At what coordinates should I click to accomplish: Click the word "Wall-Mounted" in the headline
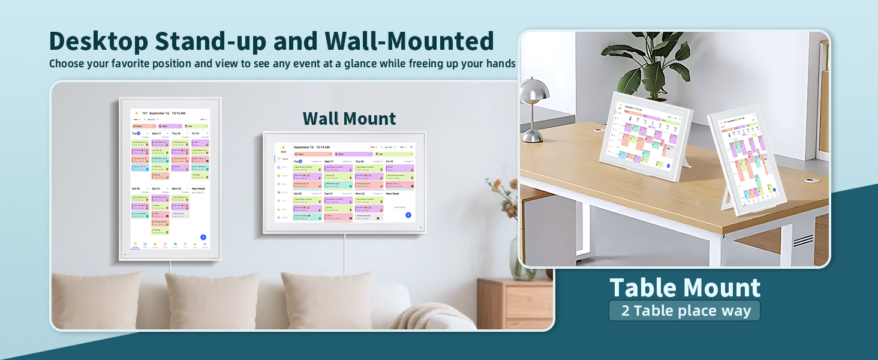[409, 41]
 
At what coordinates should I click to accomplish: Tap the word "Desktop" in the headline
[98, 41]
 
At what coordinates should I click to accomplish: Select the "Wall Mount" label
[349, 118]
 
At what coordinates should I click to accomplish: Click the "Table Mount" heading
[685, 288]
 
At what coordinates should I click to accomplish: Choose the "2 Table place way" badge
[685, 311]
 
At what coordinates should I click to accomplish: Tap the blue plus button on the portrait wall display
[203, 238]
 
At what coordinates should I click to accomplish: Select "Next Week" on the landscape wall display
[393, 194]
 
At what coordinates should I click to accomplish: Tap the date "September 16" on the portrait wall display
[159, 113]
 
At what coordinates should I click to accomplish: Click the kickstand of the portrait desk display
[730, 198]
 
